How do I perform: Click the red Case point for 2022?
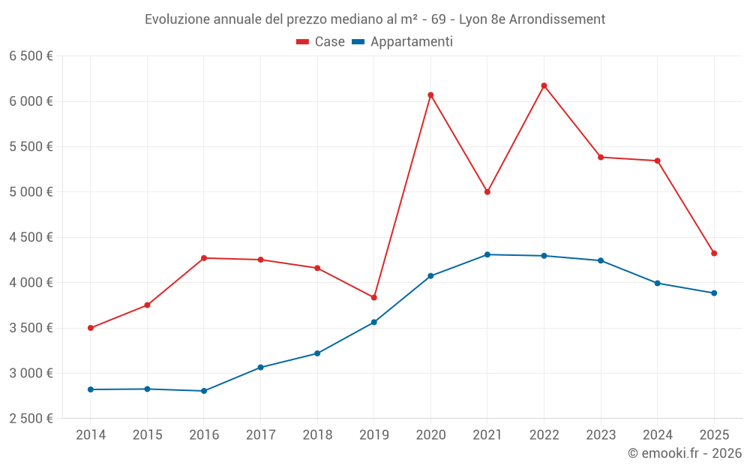[x=544, y=86]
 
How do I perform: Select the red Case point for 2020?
[x=430, y=95]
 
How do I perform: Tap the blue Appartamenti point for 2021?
[x=487, y=254]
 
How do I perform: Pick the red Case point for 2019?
[x=373, y=298]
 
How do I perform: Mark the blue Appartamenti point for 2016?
[x=204, y=391]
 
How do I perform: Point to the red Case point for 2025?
[x=714, y=254]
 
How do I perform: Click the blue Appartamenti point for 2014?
[x=91, y=389]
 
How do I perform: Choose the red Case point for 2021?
[x=487, y=192]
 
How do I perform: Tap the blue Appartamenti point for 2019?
[x=373, y=323]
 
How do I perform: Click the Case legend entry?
[x=320, y=42]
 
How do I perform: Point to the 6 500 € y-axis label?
[x=31, y=56]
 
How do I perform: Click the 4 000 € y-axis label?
[x=31, y=283]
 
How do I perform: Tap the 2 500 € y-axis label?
[x=31, y=419]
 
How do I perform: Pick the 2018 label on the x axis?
[x=317, y=434]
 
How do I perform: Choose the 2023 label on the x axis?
[x=601, y=434]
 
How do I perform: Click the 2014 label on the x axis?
[x=91, y=434]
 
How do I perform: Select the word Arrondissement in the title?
[x=556, y=20]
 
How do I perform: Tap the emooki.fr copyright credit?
[x=685, y=453]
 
